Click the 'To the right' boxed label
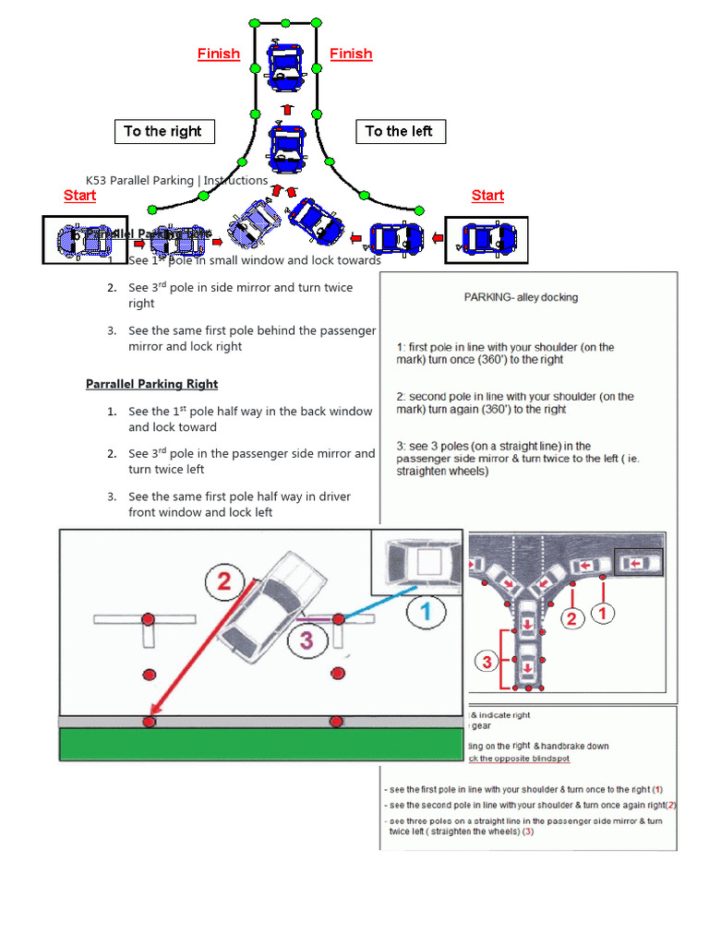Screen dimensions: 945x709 (x=163, y=131)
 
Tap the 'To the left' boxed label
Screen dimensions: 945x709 (x=399, y=131)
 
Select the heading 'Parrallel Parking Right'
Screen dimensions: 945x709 (x=151, y=384)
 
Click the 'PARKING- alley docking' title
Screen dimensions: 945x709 (x=521, y=297)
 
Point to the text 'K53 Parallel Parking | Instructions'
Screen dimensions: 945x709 (x=176, y=180)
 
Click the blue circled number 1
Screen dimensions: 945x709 (x=427, y=610)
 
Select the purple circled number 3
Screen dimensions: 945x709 (x=306, y=639)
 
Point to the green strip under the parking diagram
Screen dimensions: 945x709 (x=260, y=744)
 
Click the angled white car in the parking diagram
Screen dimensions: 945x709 (x=274, y=609)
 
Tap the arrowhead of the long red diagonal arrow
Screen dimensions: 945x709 (x=153, y=715)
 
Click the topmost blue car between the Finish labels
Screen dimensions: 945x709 (x=284, y=65)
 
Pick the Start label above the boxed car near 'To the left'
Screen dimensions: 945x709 (x=487, y=196)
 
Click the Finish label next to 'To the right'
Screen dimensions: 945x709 (x=219, y=54)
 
